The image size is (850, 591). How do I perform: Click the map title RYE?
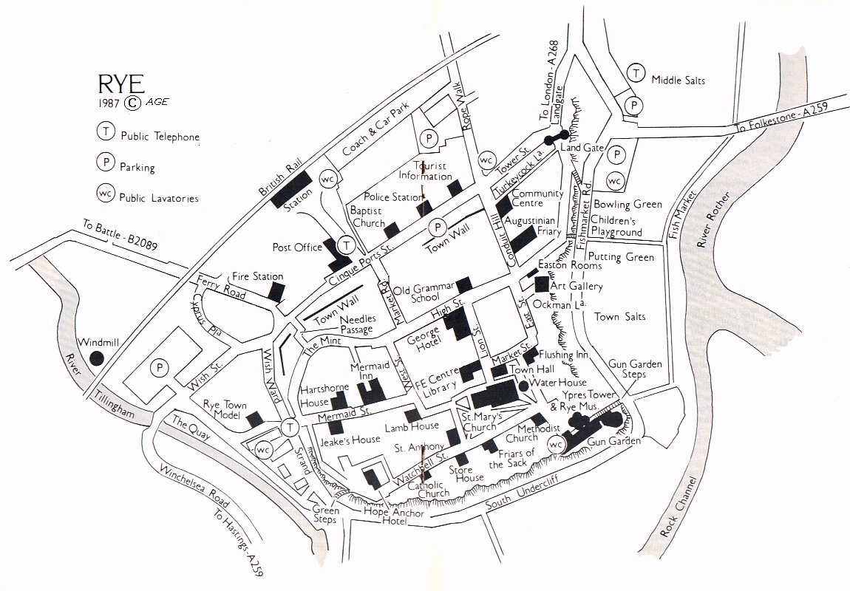pyautogui.click(x=118, y=83)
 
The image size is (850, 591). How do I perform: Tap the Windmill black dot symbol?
pyautogui.click(x=96, y=358)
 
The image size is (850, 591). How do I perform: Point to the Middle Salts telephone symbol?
pyautogui.click(x=634, y=72)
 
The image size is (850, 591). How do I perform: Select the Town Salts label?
pyautogui.click(x=619, y=316)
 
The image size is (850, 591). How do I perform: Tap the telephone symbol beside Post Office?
pyautogui.click(x=346, y=245)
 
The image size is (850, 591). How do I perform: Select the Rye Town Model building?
pyautogui.click(x=254, y=419)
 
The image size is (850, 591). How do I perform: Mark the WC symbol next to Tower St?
pyautogui.click(x=486, y=160)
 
